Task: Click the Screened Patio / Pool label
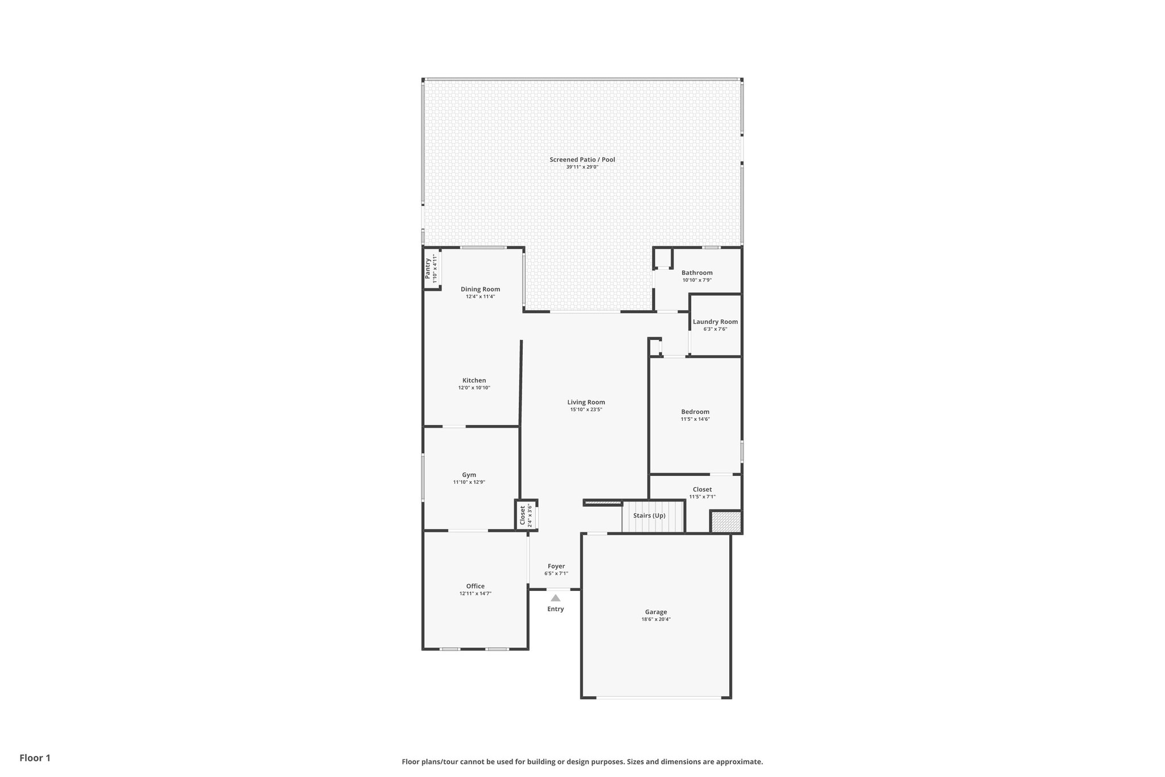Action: click(x=582, y=160)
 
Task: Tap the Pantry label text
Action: click(x=428, y=269)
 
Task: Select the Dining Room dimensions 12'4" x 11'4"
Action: click(x=480, y=297)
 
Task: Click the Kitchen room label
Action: click(x=474, y=381)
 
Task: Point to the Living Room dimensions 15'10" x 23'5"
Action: click(x=586, y=410)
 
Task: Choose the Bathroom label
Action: click(x=697, y=273)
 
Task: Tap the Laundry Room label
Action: click(x=715, y=322)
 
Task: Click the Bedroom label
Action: click(x=695, y=412)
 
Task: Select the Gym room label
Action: click(x=469, y=475)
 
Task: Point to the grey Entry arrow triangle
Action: click(x=555, y=598)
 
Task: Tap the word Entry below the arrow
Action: click(x=555, y=609)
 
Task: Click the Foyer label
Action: click(x=556, y=566)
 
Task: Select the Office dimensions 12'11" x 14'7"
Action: click(x=475, y=594)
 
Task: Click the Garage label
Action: click(x=656, y=612)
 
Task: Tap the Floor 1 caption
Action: click(x=35, y=758)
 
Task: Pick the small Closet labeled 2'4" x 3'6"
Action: click(x=523, y=516)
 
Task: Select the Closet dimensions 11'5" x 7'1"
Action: click(x=702, y=497)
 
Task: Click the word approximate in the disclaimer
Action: click(x=738, y=762)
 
